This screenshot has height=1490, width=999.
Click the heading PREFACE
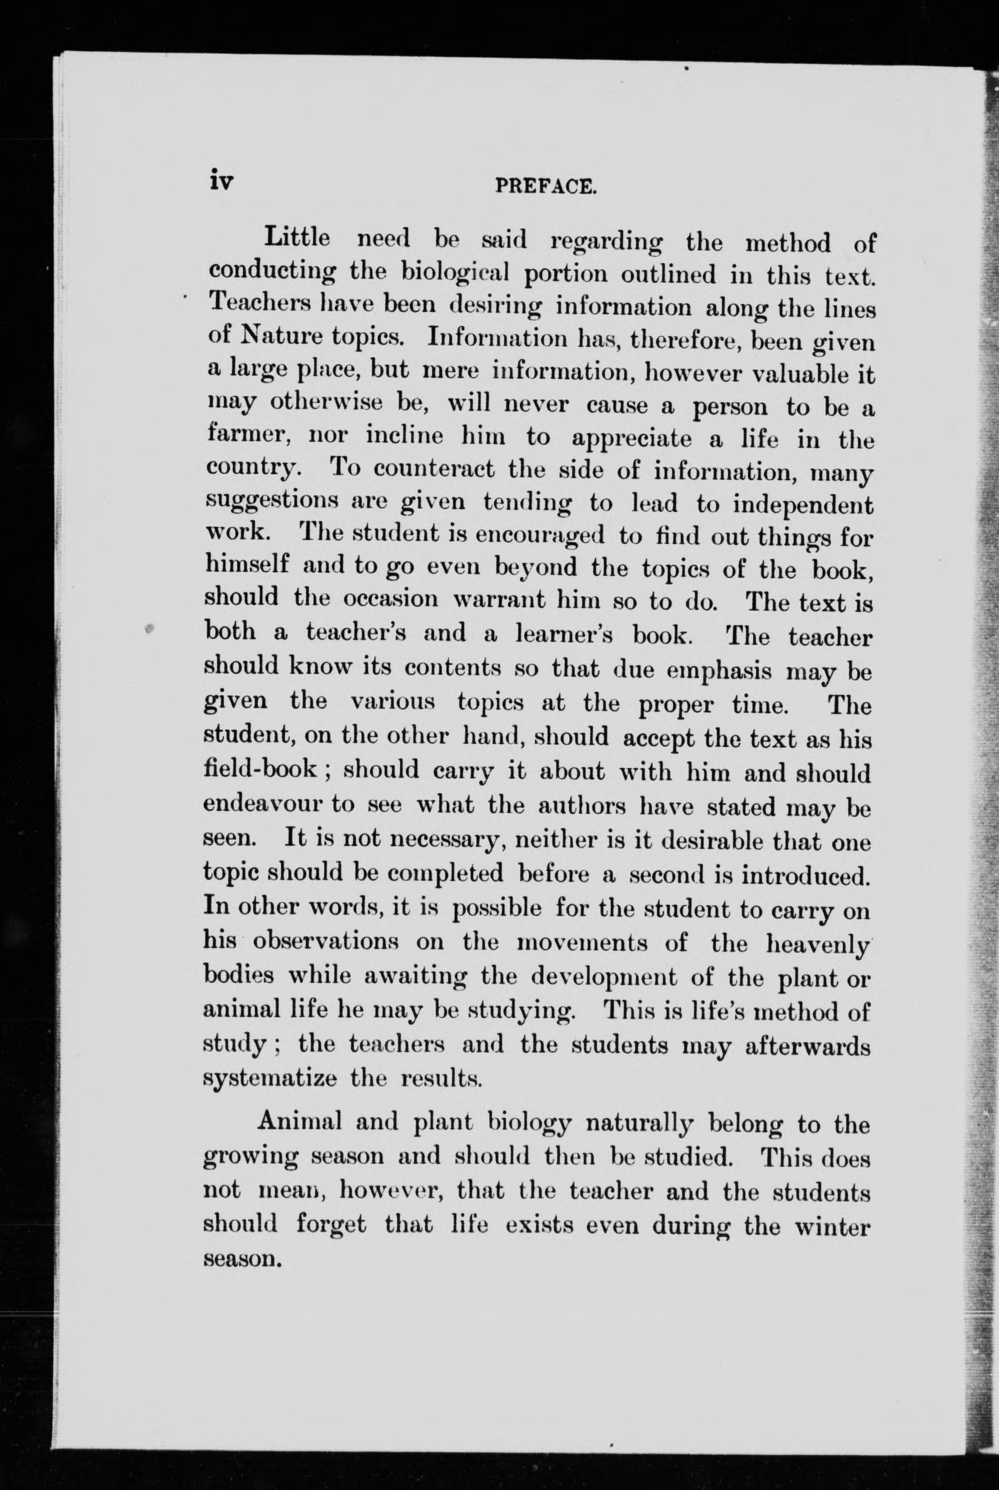545,186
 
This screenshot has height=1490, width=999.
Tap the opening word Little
298,238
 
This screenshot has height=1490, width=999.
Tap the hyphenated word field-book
259,769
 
